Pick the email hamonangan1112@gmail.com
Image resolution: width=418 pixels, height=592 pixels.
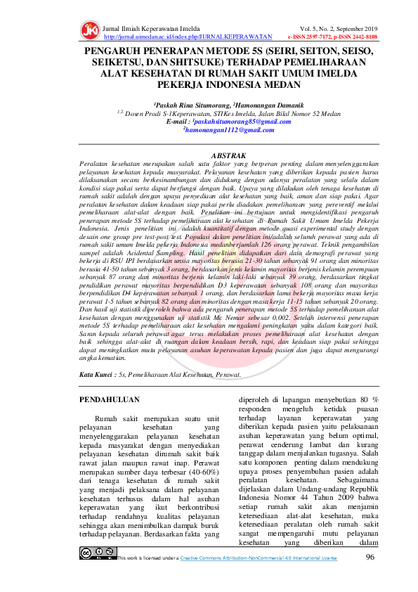pos(218,130)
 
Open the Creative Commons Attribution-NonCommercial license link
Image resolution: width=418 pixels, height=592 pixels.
pos(258,558)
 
